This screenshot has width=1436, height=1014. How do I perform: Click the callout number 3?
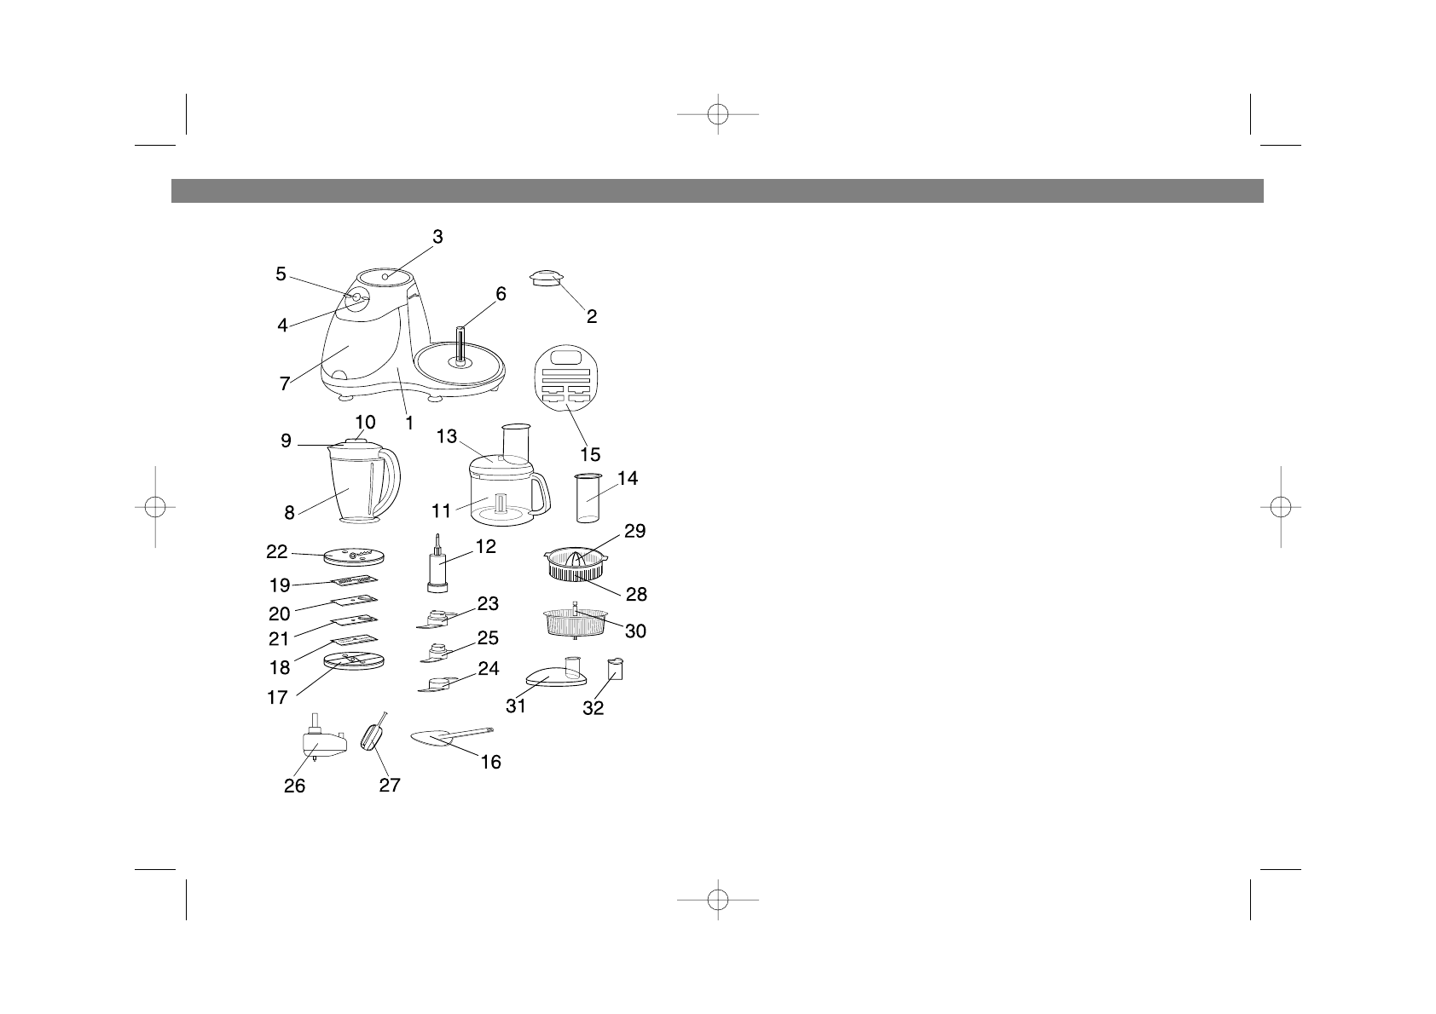437,238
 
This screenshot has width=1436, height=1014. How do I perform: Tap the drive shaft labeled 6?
460,344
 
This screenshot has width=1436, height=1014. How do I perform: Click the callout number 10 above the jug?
365,423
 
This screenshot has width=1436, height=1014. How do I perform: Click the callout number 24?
488,670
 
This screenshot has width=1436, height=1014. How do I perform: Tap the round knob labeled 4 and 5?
357,299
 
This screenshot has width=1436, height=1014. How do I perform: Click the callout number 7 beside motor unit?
285,384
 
